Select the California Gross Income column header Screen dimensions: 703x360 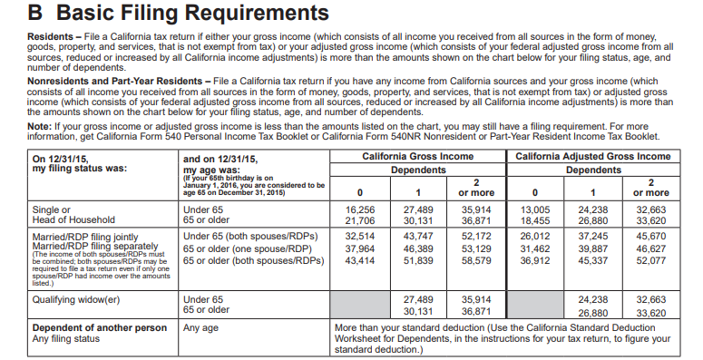click(x=419, y=157)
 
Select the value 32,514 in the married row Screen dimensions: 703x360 click(x=360, y=237)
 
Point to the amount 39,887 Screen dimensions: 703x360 click(x=593, y=249)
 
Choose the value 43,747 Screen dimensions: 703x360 click(x=418, y=237)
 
